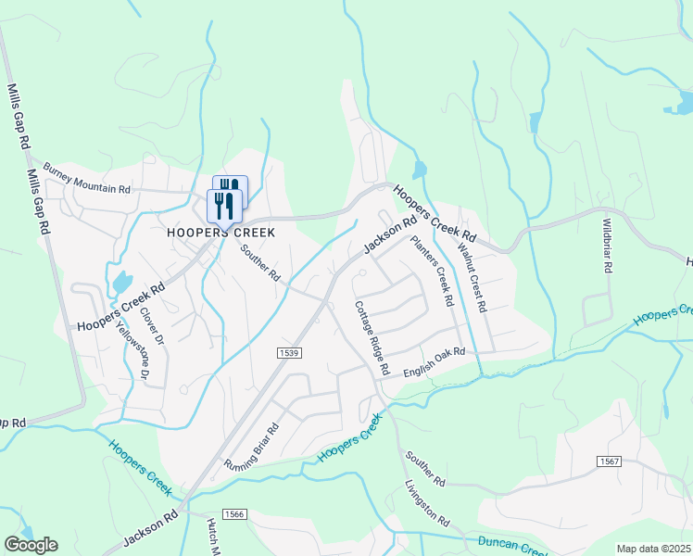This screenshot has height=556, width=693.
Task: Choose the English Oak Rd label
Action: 435,362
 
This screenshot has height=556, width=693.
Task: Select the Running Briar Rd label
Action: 251,448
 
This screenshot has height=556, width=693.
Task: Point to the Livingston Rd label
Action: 427,503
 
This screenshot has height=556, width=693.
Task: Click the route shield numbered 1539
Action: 289,352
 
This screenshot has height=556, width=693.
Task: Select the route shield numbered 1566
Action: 234,514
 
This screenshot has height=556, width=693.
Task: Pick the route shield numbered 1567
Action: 609,461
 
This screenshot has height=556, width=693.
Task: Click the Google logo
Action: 31,545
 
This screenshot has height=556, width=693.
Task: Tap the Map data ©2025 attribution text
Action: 654,549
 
